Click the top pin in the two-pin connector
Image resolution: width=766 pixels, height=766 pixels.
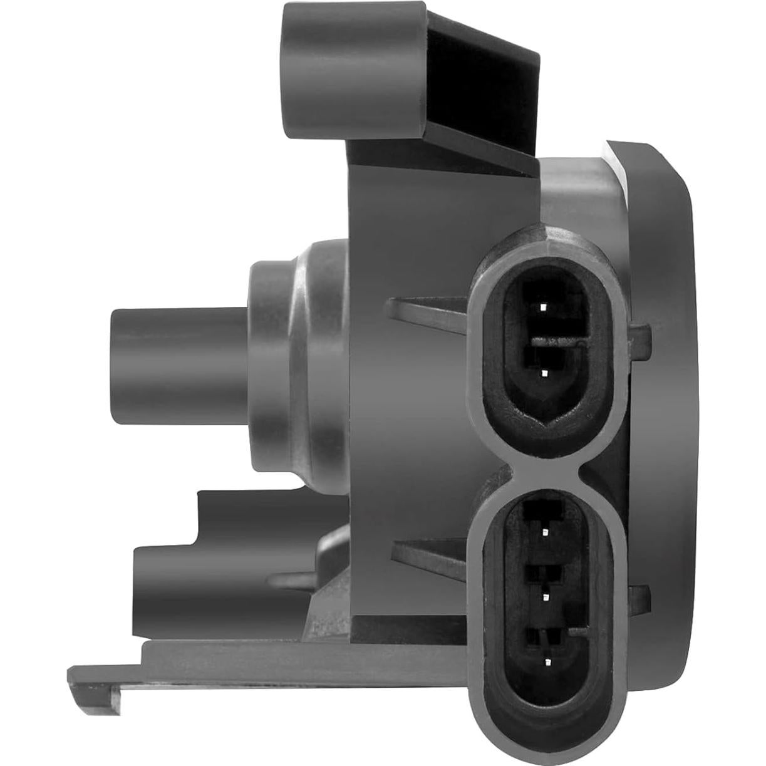click(x=543, y=308)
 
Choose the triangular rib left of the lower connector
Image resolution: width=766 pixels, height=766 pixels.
click(x=426, y=551)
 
